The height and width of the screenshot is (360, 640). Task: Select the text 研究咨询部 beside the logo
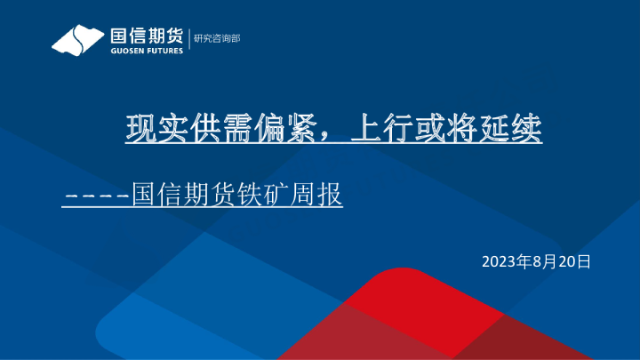(217, 38)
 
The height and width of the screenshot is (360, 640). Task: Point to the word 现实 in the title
(150, 131)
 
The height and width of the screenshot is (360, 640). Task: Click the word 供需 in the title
(202, 131)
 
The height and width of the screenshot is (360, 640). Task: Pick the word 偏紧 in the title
(254, 131)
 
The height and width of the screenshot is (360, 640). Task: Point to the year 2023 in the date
(499, 261)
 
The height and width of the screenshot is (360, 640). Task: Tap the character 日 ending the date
(583, 261)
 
